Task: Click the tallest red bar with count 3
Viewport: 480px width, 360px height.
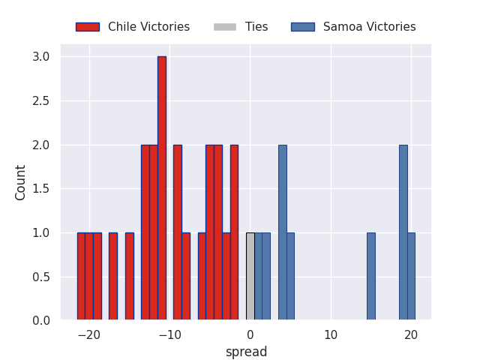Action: tap(162, 188)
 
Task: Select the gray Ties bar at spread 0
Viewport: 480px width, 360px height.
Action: tap(250, 277)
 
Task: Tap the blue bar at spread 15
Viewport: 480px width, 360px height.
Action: tap(371, 277)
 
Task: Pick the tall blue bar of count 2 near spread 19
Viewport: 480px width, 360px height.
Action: tap(403, 232)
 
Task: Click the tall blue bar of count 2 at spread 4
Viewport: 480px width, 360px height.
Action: tap(283, 232)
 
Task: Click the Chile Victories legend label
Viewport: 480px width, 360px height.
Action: tap(148, 27)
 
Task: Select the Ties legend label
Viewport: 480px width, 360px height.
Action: tap(256, 27)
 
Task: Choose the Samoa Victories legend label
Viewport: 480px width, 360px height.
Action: tap(369, 27)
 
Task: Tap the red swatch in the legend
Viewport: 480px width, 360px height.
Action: tap(87, 27)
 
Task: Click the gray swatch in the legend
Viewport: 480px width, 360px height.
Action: tap(225, 27)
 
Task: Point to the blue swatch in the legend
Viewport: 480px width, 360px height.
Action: tap(303, 27)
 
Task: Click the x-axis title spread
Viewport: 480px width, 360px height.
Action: tap(246, 352)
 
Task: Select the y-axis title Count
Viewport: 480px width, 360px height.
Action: tap(21, 182)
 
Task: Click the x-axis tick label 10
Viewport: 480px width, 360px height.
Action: tap(331, 334)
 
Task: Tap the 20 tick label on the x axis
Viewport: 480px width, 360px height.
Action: tap(411, 334)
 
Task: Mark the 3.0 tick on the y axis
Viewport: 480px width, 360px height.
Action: tap(41, 57)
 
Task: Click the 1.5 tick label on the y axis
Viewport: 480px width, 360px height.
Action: tap(41, 189)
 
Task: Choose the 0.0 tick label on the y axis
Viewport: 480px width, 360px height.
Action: tap(41, 321)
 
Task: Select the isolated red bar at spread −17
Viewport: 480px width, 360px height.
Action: tap(113, 277)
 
